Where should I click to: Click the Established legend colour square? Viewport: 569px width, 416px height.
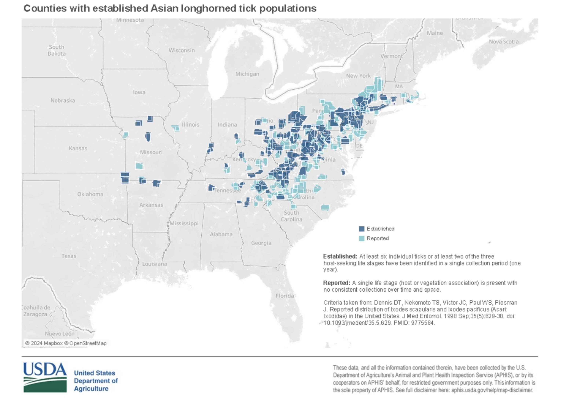(x=362, y=229)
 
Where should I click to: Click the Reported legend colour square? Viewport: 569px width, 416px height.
(x=362, y=238)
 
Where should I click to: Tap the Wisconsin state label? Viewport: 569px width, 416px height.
(x=182, y=50)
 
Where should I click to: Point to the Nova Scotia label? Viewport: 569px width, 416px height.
(x=504, y=42)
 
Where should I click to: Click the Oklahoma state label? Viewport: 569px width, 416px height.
(x=90, y=194)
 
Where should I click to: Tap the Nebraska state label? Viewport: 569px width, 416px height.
(x=63, y=101)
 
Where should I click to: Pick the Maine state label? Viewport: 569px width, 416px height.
(x=435, y=33)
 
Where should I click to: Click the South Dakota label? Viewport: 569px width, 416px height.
(x=57, y=50)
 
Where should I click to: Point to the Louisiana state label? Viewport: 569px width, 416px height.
(x=154, y=264)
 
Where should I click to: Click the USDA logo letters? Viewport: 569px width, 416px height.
(x=45, y=369)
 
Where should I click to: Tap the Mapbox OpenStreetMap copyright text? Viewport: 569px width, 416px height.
(x=66, y=343)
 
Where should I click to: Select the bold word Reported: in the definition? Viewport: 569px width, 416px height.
(x=336, y=283)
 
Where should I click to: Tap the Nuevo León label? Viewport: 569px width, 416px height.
(x=60, y=334)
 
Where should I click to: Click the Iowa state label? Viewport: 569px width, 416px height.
(x=139, y=92)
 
